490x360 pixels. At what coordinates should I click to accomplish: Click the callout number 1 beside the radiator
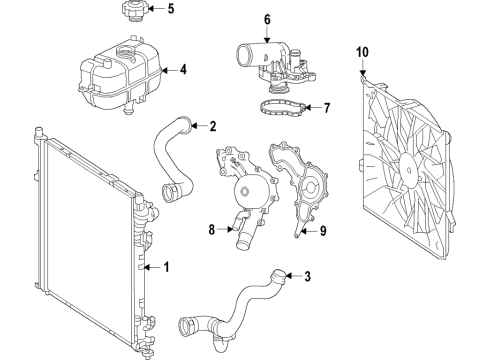pos(167,267)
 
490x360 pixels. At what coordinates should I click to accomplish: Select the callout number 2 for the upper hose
pos(212,126)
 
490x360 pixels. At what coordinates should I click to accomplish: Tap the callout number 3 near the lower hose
pos(307,277)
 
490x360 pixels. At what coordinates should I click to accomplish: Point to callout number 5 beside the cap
pos(170,11)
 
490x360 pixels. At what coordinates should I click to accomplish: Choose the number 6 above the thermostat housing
pos(267,18)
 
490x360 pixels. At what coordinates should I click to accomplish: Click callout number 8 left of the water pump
pos(212,230)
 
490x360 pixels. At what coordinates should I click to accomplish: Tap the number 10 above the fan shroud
pos(362,49)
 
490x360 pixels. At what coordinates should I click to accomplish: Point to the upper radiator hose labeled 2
pos(170,160)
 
